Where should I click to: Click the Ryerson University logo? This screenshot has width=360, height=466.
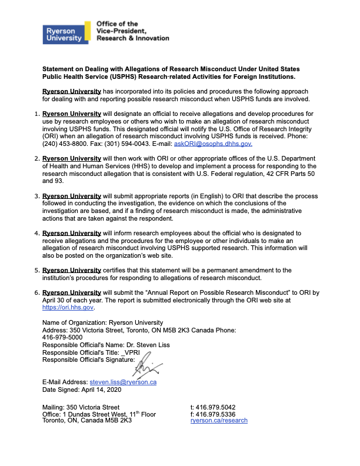tap(64, 33)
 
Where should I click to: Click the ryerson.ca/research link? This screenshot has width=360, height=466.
tap(219, 421)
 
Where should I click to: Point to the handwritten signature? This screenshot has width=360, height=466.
tap(146, 370)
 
